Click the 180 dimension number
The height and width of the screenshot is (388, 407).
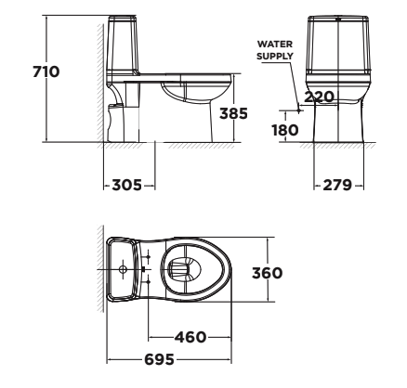click(283, 129)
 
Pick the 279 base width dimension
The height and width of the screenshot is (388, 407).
click(337, 184)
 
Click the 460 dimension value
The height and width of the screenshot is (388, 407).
click(190, 336)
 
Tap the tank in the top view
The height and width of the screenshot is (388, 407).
click(123, 269)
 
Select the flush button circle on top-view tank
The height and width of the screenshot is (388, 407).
click(124, 269)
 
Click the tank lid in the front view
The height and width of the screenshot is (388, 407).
click(338, 21)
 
